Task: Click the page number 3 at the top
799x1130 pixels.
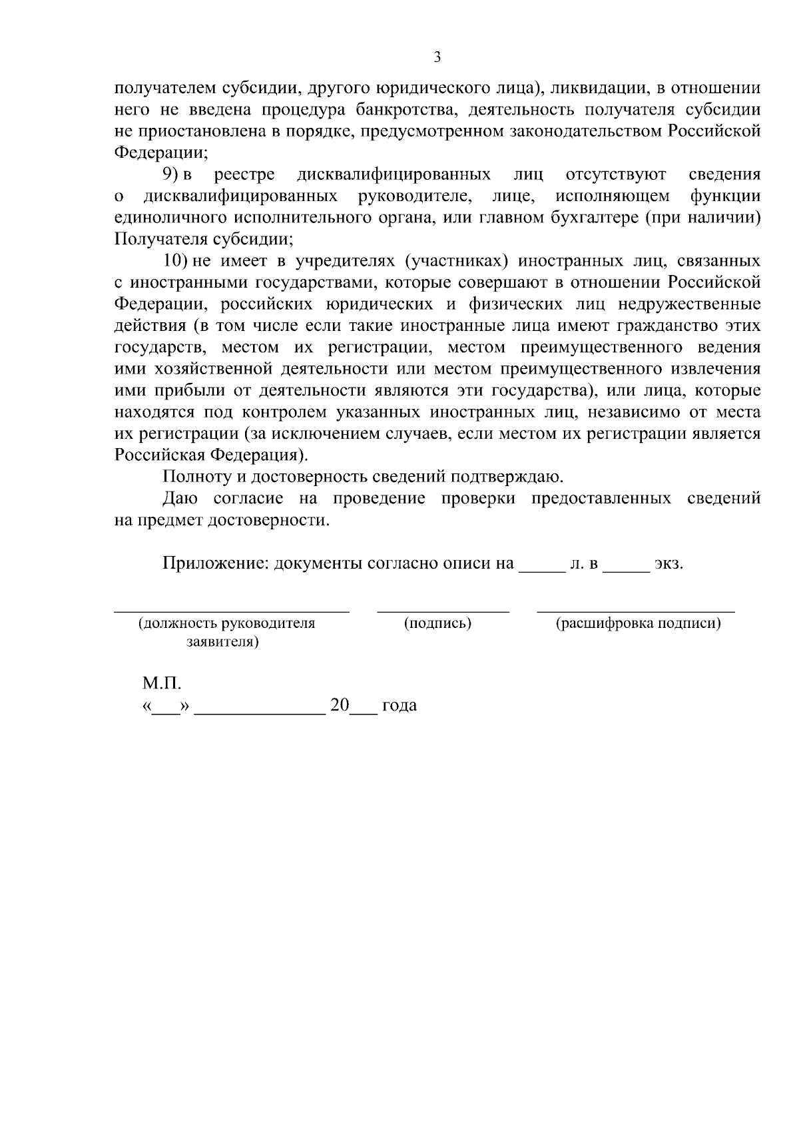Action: [437, 57]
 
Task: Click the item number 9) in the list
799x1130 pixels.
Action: [173, 175]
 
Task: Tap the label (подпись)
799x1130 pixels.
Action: [438, 624]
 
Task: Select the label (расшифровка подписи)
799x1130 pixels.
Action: [639, 624]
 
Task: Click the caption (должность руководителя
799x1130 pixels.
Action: [226, 624]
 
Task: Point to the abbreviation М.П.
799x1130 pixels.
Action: [161, 683]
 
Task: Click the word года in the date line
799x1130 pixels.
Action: [400, 706]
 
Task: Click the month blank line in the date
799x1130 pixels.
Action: [260, 711]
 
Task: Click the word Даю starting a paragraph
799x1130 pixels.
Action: [180, 499]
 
